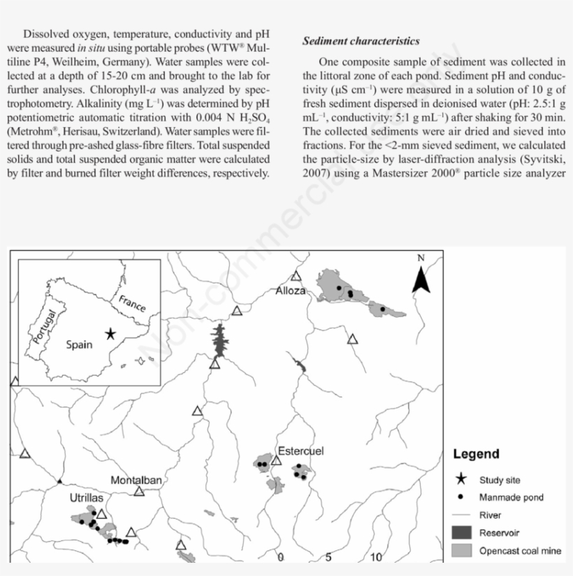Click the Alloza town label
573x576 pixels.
pos(291,290)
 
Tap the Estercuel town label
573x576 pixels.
pos(300,451)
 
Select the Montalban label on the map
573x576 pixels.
pos(136,480)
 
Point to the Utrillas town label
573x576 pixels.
pos(87,499)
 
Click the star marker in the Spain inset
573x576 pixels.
pos(110,334)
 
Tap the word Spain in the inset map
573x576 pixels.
pos(79,344)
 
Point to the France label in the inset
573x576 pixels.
pos(132,304)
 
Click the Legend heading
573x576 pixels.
pos(476,454)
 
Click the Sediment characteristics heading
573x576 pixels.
pos(361,41)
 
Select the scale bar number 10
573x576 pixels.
pos(376,557)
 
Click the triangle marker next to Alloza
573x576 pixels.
pos(296,276)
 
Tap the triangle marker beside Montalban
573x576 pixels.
pos(139,492)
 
